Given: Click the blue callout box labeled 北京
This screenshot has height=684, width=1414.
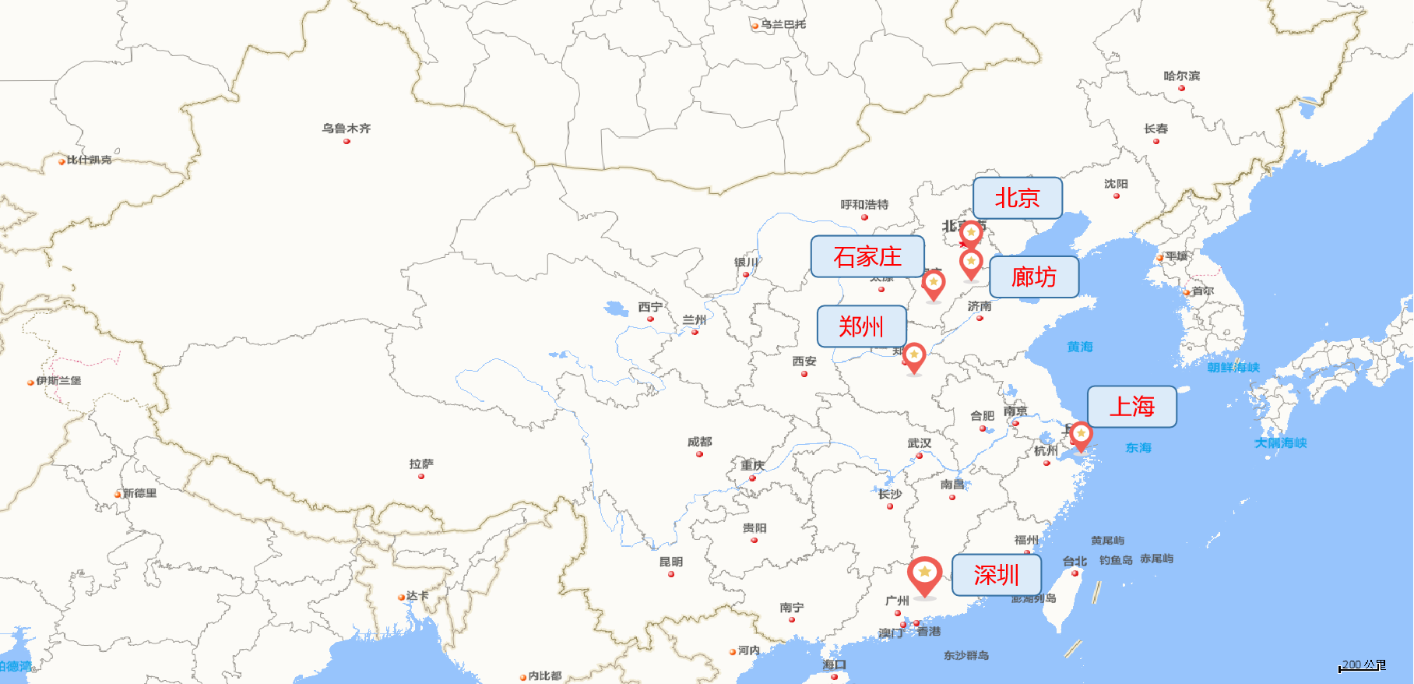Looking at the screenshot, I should pos(1017,198).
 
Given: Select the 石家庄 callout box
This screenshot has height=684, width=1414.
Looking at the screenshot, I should pos(867,256).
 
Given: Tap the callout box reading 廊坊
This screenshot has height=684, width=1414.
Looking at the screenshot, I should pos(1033,277).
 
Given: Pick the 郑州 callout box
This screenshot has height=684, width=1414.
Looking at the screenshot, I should pos(861,326).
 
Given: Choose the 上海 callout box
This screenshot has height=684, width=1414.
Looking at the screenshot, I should pos(1131,406).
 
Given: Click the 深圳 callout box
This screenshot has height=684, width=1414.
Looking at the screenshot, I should pos(996,575).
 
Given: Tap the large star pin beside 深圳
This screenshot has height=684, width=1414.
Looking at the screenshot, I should pos(924,575).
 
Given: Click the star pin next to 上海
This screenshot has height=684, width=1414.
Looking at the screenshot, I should pos(1081,435).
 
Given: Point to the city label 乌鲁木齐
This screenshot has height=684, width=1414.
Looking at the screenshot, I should pos(346,129).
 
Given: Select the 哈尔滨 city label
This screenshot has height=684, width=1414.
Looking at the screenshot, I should pos(1181,76).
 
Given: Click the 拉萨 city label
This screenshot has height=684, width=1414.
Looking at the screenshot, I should pos(421,464).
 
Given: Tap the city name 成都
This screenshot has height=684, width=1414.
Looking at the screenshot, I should pos(699,442).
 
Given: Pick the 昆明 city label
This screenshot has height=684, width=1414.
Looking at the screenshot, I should pos(670,562).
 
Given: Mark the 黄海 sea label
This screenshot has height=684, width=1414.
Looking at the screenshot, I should pos(1080,347).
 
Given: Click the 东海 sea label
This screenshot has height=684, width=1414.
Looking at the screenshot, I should pos(1138,448).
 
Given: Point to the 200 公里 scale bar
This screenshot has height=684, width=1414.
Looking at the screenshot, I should pos(1362,665).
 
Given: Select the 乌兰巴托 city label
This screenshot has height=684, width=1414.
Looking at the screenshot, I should pos(783,25).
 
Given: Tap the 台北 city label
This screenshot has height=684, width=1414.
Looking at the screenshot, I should pos(1075,561).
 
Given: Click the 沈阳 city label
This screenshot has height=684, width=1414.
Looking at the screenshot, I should pos(1116,185).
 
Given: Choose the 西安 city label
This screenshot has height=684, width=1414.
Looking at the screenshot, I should pos(804,361).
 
